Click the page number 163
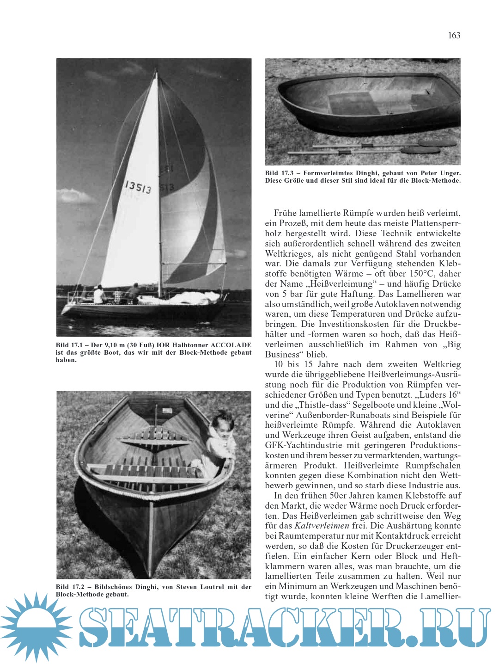tap(454, 35)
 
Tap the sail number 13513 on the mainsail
tap(137, 187)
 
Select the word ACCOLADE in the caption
tap(231, 345)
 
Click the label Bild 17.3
tap(279, 173)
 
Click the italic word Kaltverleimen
tap(322, 526)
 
